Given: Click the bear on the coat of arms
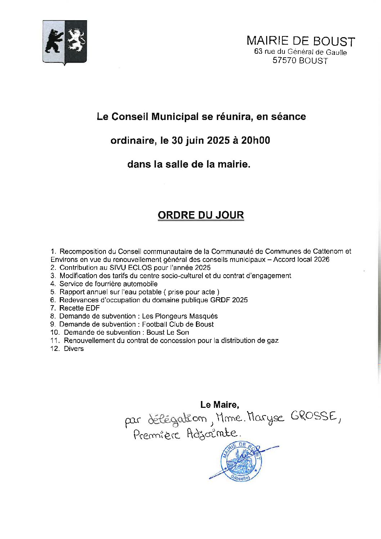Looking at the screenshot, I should point(54,41).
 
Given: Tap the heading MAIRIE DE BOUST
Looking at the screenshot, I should point(301,41).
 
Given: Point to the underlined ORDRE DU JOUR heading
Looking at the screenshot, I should point(201,215).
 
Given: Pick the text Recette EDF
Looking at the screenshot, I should point(80,308).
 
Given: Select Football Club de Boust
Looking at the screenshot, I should point(178,324).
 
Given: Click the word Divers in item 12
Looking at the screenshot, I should point(74,349).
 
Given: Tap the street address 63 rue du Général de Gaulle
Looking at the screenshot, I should point(300,52).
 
